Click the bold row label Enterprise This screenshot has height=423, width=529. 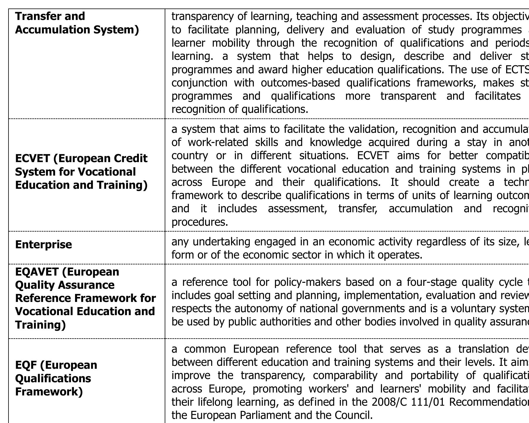pyautogui.click(x=43, y=244)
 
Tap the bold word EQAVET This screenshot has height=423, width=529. pyautogui.click(x=37, y=272)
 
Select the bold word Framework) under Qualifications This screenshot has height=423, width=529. pyautogui.click(x=49, y=392)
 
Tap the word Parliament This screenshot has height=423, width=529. pyautogui.click(x=261, y=415)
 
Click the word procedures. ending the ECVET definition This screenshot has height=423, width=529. pyautogui.click(x=200, y=222)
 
